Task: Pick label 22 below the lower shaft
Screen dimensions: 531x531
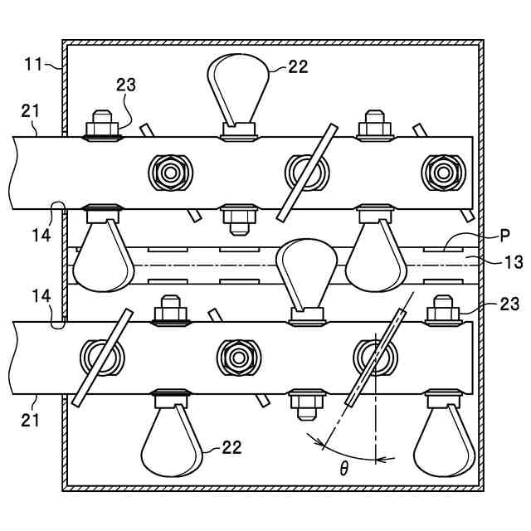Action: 231,448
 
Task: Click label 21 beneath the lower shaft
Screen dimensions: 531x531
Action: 30,419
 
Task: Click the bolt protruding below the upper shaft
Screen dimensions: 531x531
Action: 238,221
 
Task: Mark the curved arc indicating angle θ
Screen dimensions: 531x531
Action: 348,452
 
